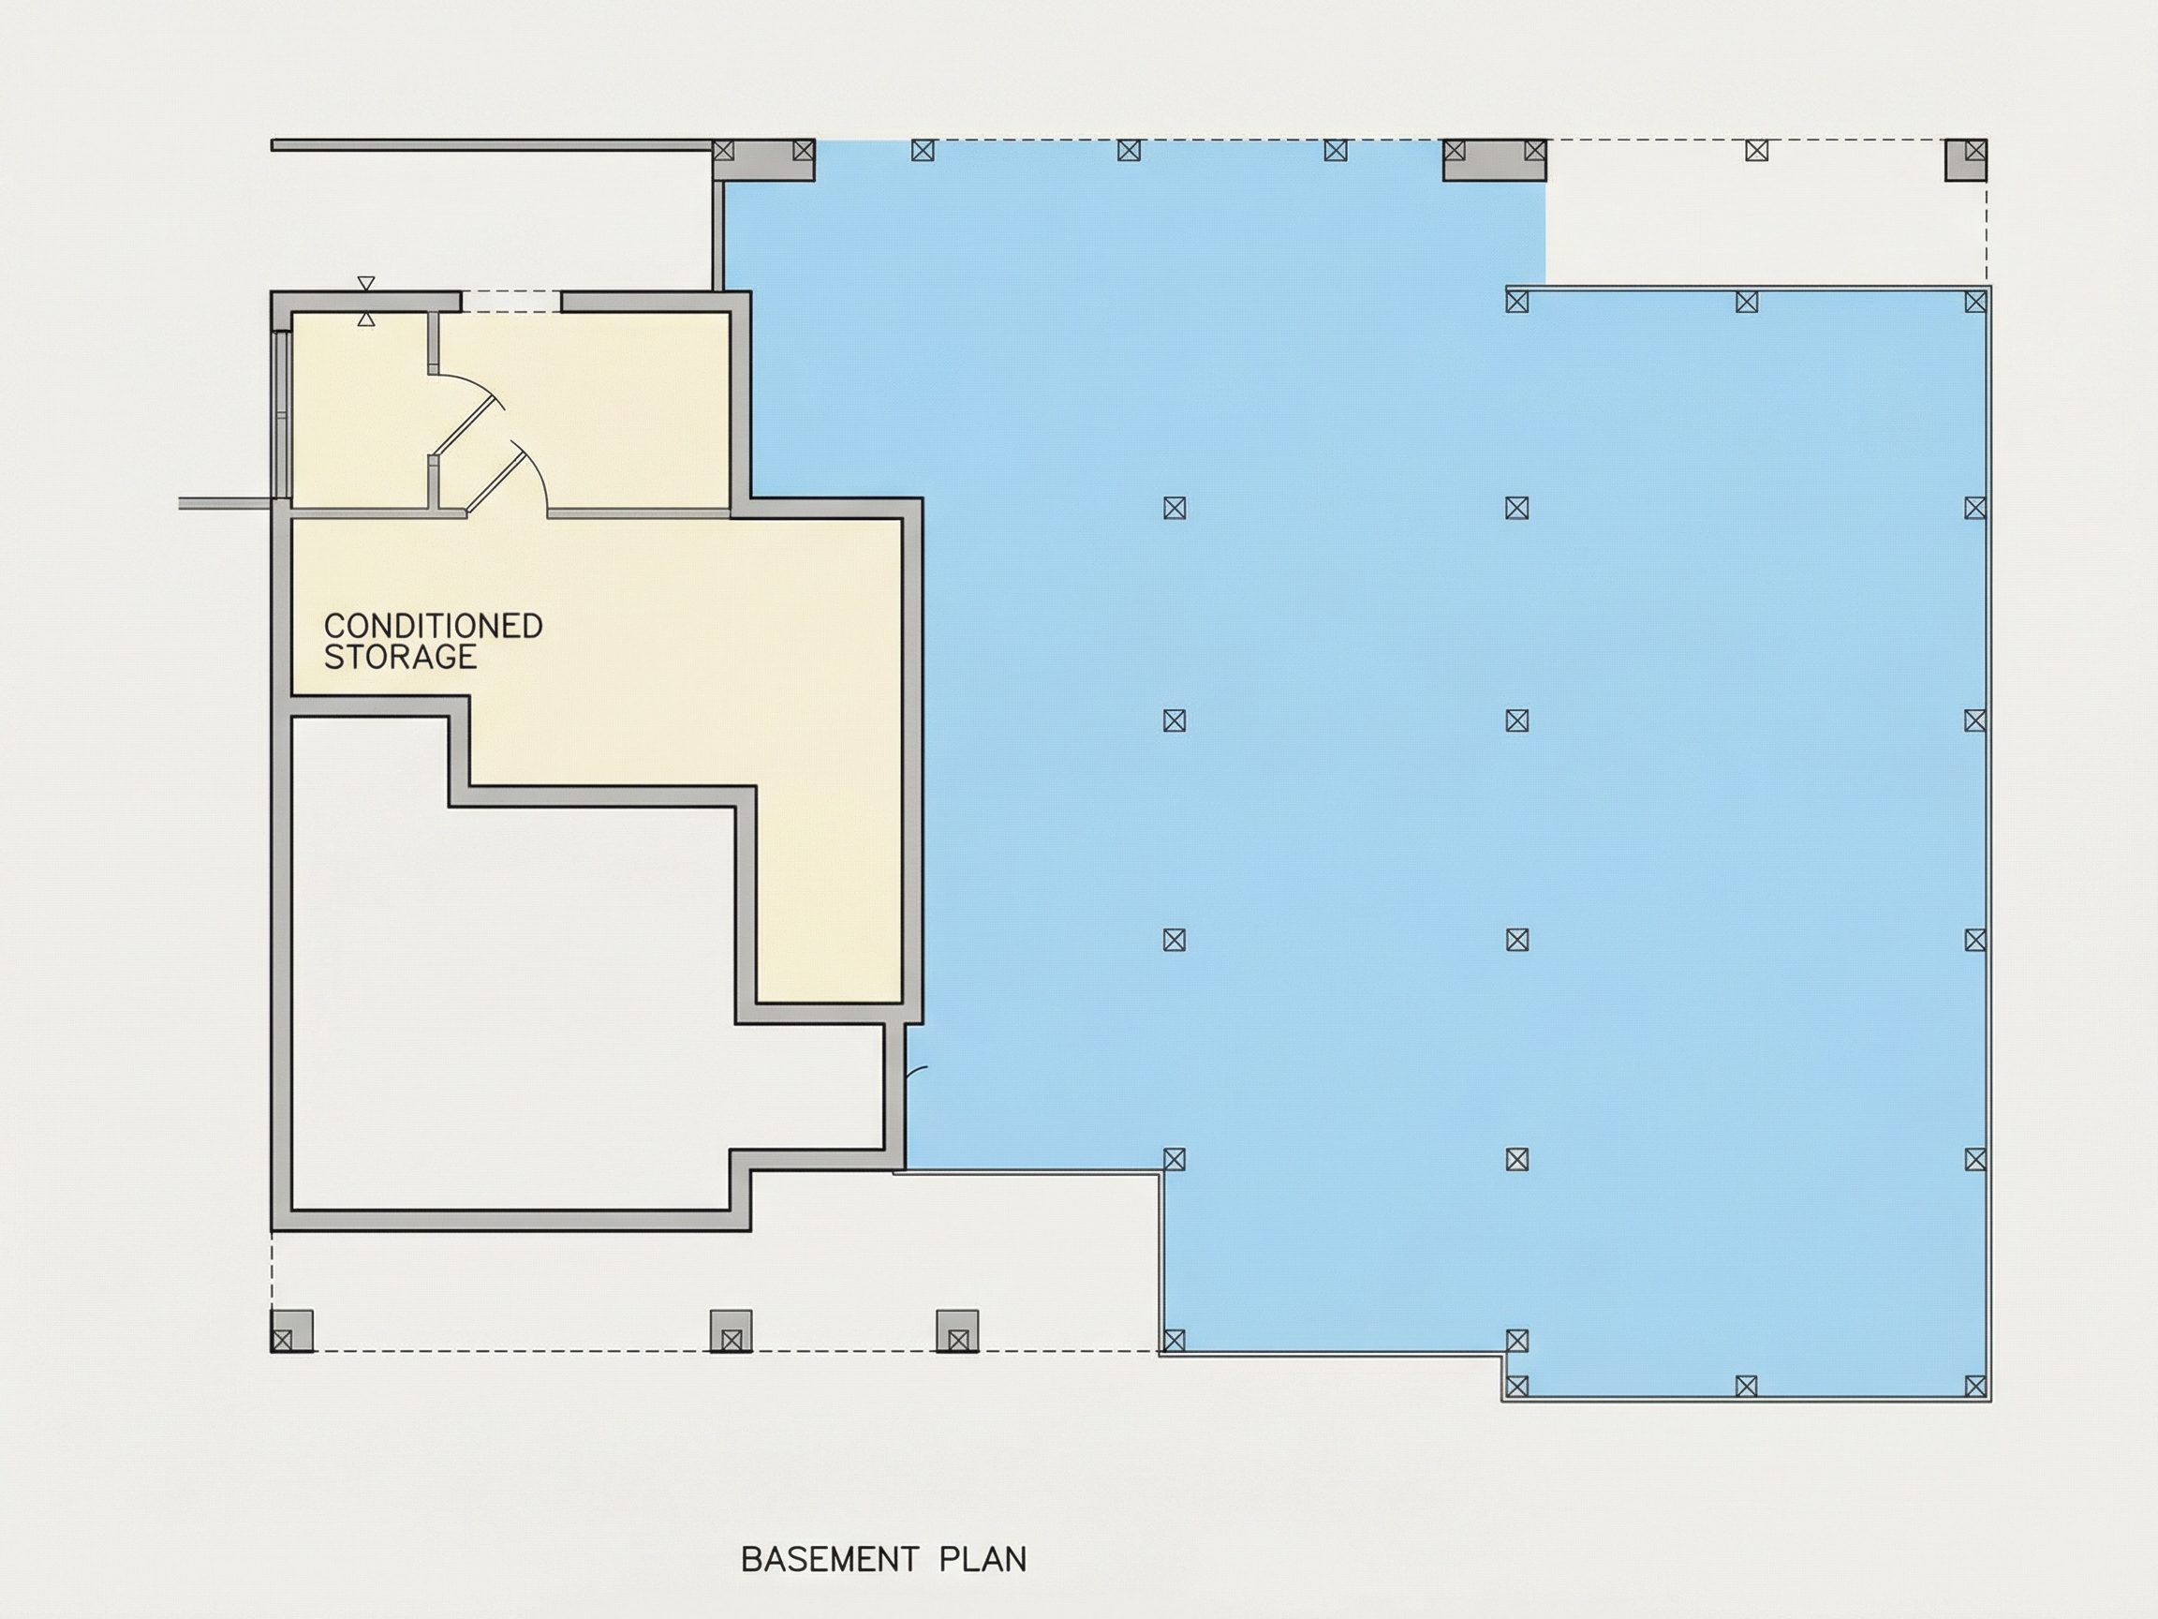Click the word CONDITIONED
click(433, 626)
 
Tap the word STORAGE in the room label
click(400, 657)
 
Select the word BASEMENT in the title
click(830, 1559)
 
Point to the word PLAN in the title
click(983, 1559)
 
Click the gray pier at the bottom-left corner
click(291, 1331)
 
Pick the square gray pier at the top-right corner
click(1966, 160)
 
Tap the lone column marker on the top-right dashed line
click(1757, 151)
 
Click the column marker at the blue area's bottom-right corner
click(1975, 1386)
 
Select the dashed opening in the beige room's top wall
click(511, 302)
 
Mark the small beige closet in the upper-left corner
click(359, 409)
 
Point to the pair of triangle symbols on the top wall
click(366, 302)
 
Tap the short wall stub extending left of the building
click(226, 503)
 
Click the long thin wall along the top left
click(493, 145)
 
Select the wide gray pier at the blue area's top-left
click(764, 160)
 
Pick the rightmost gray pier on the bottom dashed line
click(957, 1331)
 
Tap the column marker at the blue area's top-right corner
click(1975, 302)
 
